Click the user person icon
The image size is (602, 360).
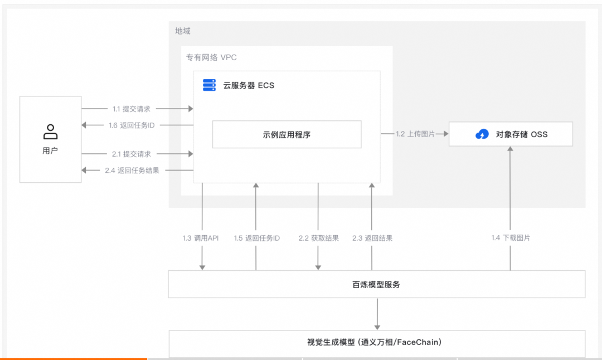click(x=50, y=132)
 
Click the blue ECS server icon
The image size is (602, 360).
click(x=209, y=85)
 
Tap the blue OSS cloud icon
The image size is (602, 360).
click(x=482, y=134)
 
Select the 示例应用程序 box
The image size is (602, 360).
click(x=287, y=134)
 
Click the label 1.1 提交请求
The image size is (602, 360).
click(x=132, y=109)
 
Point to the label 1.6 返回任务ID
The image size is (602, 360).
click(x=132, y=125)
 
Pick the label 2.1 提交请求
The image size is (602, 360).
click(x=132, y=154)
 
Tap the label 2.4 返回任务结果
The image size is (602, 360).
click(x=132, y=171)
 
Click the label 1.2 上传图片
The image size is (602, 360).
click(x=415, y=134)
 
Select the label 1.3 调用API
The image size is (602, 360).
click(x=201, y=238)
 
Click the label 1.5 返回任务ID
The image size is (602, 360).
click(x=257, y=238)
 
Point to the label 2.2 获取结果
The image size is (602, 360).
click(x=319, y=238)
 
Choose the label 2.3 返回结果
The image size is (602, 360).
click(x=372, y=238)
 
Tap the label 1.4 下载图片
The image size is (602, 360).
click(x=511, y=238)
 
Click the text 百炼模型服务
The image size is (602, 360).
click(x=376, y=284)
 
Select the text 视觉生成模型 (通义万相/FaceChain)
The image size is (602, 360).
click(x=375, y=342)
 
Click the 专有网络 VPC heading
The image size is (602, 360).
click(x=211, y=57)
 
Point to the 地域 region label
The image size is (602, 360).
click(x=183, y=31)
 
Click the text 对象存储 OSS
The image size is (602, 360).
click(x=522, y=134)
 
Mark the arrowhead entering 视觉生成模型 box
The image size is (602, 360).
click(x=377, y=327)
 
